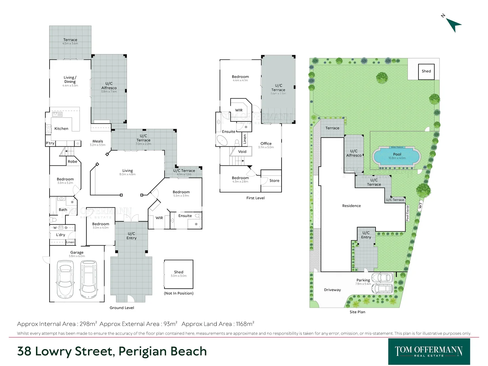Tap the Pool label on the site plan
397,154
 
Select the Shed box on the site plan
426,72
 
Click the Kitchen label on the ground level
61,129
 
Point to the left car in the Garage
65,279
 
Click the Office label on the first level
266,144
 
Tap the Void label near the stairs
242,151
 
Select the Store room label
274,181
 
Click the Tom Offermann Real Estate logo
429,351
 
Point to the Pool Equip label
407,213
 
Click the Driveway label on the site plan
332,290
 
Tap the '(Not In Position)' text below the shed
179,293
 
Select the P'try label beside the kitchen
50,143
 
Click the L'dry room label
61,235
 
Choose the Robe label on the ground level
73,162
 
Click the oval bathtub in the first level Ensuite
222,140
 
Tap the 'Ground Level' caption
122,308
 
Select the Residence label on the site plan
351,206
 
